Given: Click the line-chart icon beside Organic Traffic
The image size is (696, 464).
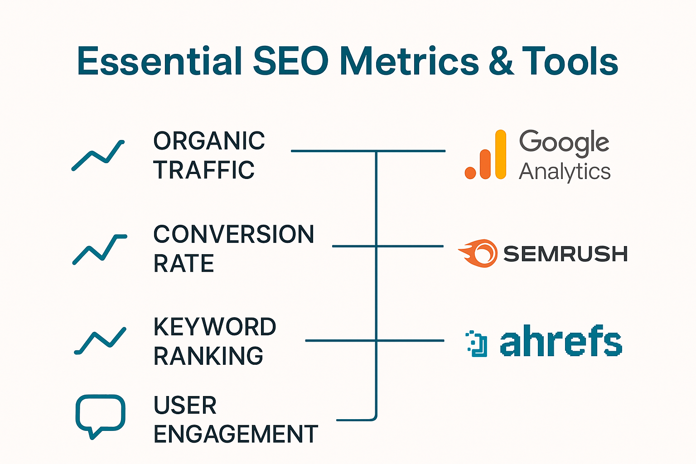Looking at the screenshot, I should pos(98,155).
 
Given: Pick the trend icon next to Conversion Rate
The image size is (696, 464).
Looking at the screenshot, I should pos(99,249).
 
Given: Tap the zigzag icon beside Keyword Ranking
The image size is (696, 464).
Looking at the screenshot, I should pos(100,341).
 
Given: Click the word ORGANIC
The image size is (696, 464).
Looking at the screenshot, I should pos(209,141).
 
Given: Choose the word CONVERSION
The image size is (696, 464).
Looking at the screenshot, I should pos(233,234).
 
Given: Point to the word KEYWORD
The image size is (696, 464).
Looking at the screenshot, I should pos(215,327).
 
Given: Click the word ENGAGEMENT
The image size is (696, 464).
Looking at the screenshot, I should pos(236,434).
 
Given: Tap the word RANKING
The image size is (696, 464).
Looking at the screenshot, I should pos(208,356).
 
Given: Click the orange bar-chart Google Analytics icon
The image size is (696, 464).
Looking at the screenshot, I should pos(486,155).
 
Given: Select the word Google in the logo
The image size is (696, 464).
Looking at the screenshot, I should pos(564,142).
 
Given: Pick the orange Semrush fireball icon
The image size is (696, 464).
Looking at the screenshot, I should pos(478,253).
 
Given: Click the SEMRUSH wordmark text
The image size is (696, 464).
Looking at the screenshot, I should pos(565,254).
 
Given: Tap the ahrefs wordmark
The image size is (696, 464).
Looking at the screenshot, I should pos(561,341).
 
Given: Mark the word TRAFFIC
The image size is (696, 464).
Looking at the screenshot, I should pos(204,170).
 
